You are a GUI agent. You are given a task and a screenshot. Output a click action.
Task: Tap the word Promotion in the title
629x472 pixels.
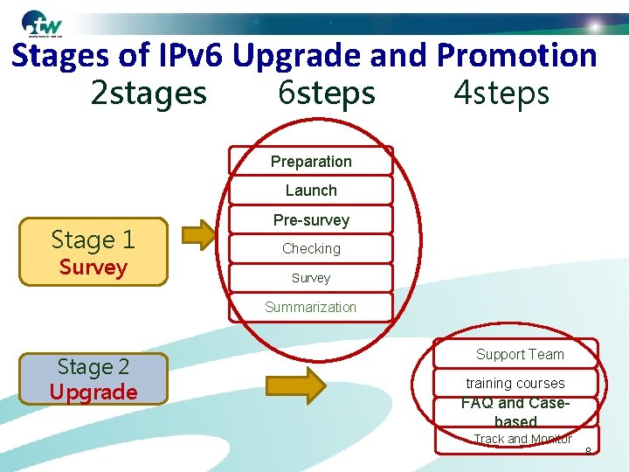click(x=516, y=56)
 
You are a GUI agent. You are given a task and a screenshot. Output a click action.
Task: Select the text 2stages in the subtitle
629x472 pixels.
click(x=149, y=92)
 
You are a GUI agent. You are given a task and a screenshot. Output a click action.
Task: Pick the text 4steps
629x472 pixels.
click(x=501, y=92)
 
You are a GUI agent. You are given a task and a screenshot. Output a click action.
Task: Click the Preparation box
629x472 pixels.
click(x=311, y=161)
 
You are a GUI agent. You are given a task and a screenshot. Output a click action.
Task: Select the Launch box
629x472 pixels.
click(x=311, y=190)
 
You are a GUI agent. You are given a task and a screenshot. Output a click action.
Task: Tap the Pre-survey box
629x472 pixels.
click(x=311, y=219)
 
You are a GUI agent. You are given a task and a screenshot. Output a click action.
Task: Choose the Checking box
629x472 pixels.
click(x=311, y=248)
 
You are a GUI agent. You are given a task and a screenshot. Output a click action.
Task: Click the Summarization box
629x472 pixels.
click(x=311, y=307)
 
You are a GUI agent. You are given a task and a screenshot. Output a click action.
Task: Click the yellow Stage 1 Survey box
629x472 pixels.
click(x=93, y=252)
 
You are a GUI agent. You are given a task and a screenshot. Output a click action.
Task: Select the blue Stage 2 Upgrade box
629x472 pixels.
click(x=93, y=378)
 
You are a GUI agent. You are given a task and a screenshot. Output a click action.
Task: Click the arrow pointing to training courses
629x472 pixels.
click(x=295, y=385)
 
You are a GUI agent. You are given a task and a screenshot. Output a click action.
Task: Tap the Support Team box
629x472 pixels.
click(x=520, y=354)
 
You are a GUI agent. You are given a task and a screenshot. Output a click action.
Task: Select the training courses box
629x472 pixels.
click(x=515, y=383)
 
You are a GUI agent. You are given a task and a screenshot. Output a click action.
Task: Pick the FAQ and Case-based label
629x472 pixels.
click(x=515, y=413)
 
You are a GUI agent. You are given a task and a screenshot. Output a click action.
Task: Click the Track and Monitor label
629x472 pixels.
click(x=522, y=439)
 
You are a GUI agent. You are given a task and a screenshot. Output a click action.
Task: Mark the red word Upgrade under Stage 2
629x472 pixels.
click(x=93, y=392)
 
